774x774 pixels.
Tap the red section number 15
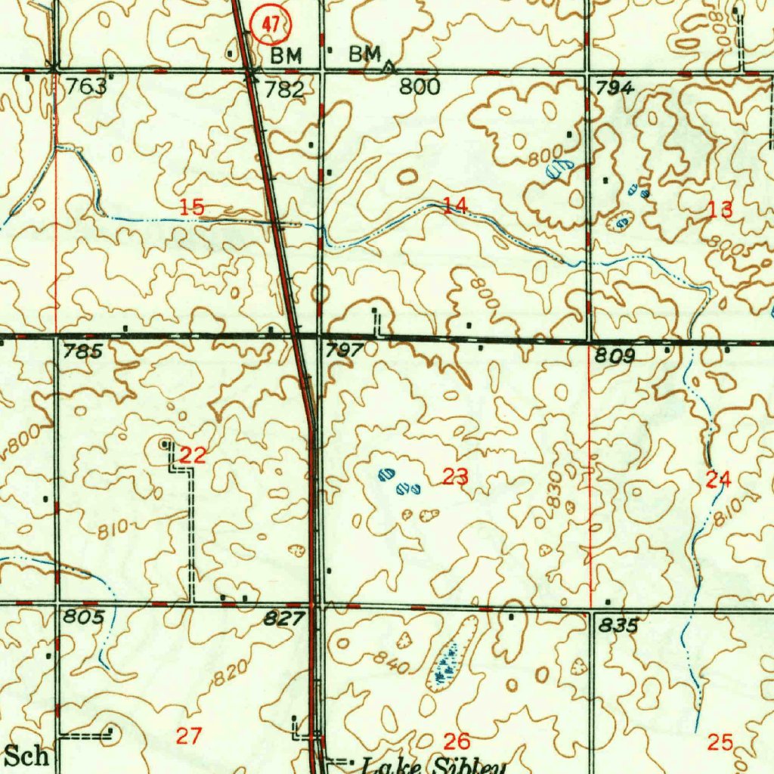pos(192,206)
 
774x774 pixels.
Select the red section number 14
pos(455,205)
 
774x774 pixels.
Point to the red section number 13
pos(721,210)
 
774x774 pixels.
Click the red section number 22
pos(193,455)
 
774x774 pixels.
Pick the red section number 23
pos(455,477)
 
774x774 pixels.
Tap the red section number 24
pos(718,478)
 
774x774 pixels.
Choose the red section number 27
pos(188,735)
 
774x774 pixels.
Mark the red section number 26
pos(458,741)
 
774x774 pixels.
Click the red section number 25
pos(720,742)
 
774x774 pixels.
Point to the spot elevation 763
pos(85,86)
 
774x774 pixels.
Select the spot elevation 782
pos(284,90)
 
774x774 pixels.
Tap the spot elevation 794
pos(615,88)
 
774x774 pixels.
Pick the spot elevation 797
pos(345,350)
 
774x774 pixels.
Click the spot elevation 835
pos(618,626)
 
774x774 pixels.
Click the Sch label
pos(27,756)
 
